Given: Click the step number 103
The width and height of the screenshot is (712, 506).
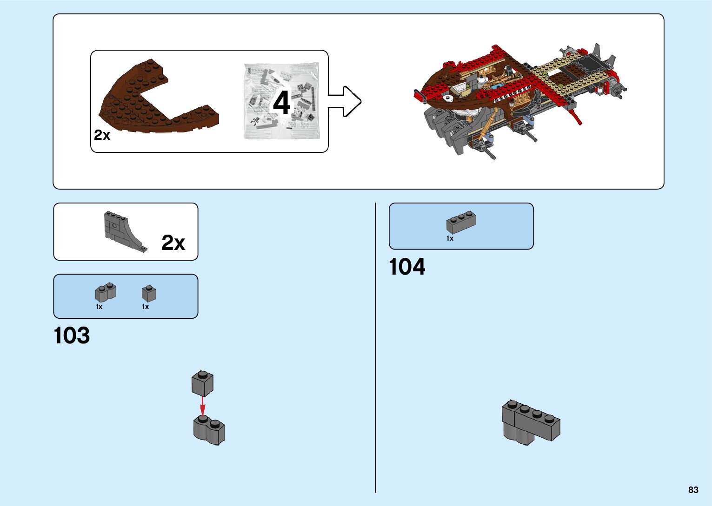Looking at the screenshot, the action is (x=72, y=335).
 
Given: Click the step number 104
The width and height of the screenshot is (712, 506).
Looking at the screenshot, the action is (x=407, y=267).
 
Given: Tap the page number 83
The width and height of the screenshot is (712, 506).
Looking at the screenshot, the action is (x=693, y=490).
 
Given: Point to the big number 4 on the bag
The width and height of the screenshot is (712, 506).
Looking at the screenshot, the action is (x=282, y=103).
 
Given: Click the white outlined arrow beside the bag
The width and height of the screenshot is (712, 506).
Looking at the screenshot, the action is (x=345, y=101).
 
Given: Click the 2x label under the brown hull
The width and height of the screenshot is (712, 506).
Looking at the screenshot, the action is (x=102, y=135).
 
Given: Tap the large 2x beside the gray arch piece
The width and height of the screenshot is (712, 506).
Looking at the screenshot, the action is (x=173, y=243).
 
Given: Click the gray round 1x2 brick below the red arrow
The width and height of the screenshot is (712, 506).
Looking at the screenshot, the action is (x=209, y=430).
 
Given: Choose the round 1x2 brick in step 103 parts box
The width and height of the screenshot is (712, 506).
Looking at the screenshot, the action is (x=106, y=292).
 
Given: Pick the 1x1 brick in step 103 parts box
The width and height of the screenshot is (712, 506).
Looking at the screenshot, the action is (x=149, y=293).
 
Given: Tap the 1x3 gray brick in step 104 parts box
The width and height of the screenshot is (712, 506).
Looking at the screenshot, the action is (x=461, y=223).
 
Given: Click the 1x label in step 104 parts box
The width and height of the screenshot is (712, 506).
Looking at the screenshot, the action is (x=450, y=238).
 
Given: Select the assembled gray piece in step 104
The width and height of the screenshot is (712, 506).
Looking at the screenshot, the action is (x=531, y=421).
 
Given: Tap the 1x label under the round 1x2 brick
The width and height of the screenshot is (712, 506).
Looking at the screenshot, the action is (x=99, y=307).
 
